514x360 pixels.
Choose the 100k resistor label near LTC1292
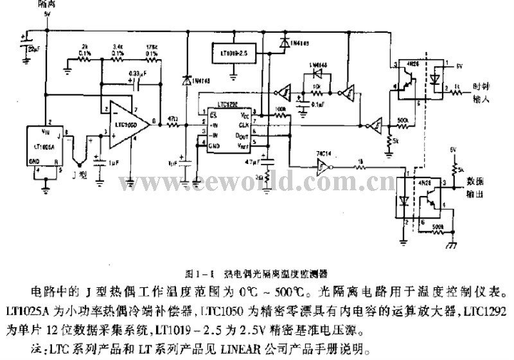click(280, 110)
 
